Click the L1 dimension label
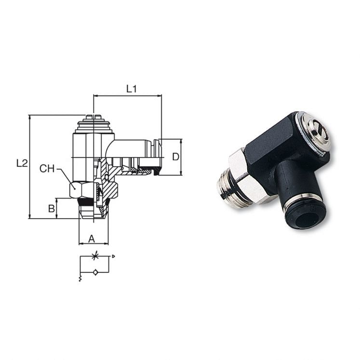point(132,89)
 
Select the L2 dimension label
point(22,163)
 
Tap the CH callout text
point(47,168)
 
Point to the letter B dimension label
point(51,209)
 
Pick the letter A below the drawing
point(92,238)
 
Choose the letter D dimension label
point(176,157)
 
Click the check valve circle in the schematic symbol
point(95,272)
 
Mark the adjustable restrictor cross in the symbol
point(95,256)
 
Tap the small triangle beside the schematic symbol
point(113,256)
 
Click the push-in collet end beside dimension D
point(156,157)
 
